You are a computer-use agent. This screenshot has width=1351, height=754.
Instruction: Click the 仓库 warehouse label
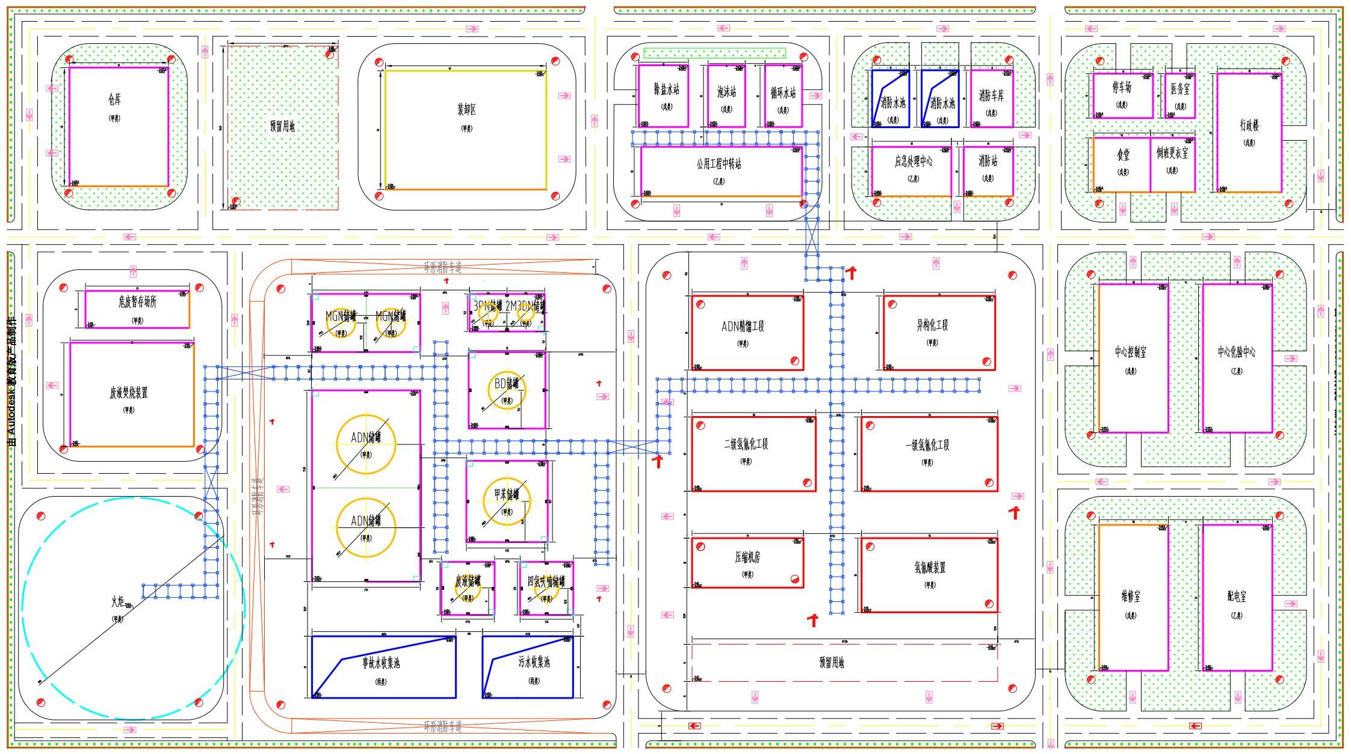click(114, 100)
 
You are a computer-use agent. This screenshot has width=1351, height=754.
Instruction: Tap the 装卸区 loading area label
click(466, 109)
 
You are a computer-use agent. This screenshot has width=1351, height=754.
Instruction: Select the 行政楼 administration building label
click(1249, 125)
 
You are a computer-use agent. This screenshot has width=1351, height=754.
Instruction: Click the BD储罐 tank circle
click(507, 390)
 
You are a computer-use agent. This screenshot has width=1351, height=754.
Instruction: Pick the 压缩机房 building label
click(747, 557)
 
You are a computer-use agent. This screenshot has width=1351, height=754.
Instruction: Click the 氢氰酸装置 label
click(930, 567)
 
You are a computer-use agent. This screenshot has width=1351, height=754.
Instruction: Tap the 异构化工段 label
click(932, 325)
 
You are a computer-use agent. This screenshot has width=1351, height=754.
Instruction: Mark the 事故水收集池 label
click(381, 663)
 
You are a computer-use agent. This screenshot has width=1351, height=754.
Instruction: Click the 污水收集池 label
click(534, 662)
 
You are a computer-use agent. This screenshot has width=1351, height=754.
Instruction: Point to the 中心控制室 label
click(1130, 352)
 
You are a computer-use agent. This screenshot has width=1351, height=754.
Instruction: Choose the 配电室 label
click(1237, 596)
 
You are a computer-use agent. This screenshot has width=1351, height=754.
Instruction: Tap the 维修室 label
click(1130, 596)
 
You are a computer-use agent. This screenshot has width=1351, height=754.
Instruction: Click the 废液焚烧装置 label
click(129, 393)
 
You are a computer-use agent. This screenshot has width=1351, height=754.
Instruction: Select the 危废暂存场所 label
click(137, 302)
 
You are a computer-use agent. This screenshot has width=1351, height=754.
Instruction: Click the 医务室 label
click(1179, 89)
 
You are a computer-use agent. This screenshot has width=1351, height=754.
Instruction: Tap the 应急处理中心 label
click(913, 161)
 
